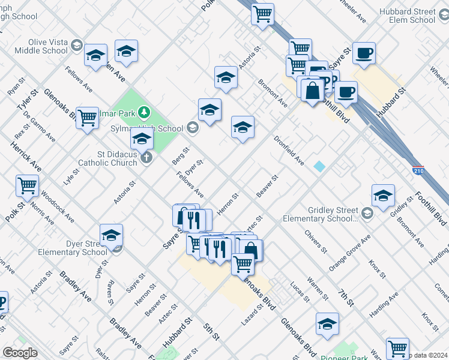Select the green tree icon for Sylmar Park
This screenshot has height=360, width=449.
[143, 112]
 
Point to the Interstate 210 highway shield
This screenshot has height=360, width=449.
[418, 170]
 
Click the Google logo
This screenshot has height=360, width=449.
[20, 353]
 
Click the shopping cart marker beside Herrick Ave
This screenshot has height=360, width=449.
[27, 185]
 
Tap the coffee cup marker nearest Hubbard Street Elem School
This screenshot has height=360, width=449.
[364, 53]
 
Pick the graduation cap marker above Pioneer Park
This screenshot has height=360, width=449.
[327, 323]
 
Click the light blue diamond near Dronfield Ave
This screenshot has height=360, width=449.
[319, 166]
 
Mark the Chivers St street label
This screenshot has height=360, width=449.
[315, 241]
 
